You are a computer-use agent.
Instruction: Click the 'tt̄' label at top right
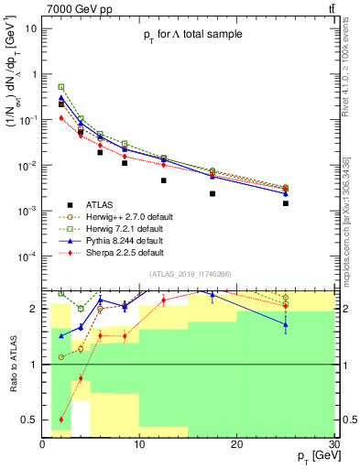[329, 8]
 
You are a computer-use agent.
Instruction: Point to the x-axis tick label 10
[139, 445]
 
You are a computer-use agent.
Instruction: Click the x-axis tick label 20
[236, 445]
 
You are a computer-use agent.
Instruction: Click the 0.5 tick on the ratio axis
[30, 420]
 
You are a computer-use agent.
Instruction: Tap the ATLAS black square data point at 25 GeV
[286, 203]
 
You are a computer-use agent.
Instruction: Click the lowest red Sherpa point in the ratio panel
[61, 420]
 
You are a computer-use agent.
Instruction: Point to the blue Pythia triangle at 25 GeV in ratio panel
[286, 324]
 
